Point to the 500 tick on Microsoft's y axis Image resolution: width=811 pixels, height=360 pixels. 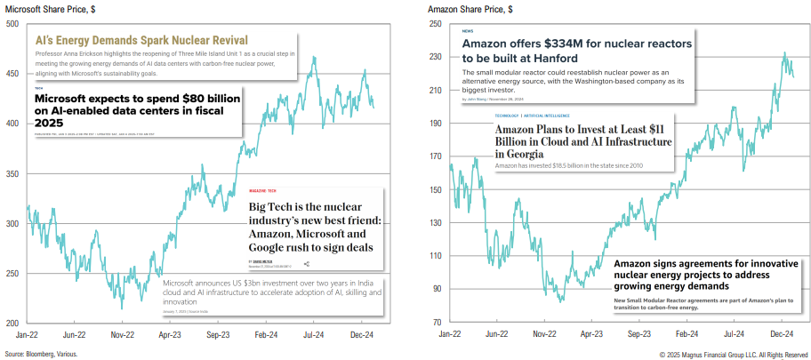[x=13, y=24]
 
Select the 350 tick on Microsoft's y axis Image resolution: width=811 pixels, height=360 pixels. [x=13, y=173]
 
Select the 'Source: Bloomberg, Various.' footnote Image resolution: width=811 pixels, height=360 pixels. [x=41, y=354]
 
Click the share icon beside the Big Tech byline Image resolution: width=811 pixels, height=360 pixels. [x=307, y=264]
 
